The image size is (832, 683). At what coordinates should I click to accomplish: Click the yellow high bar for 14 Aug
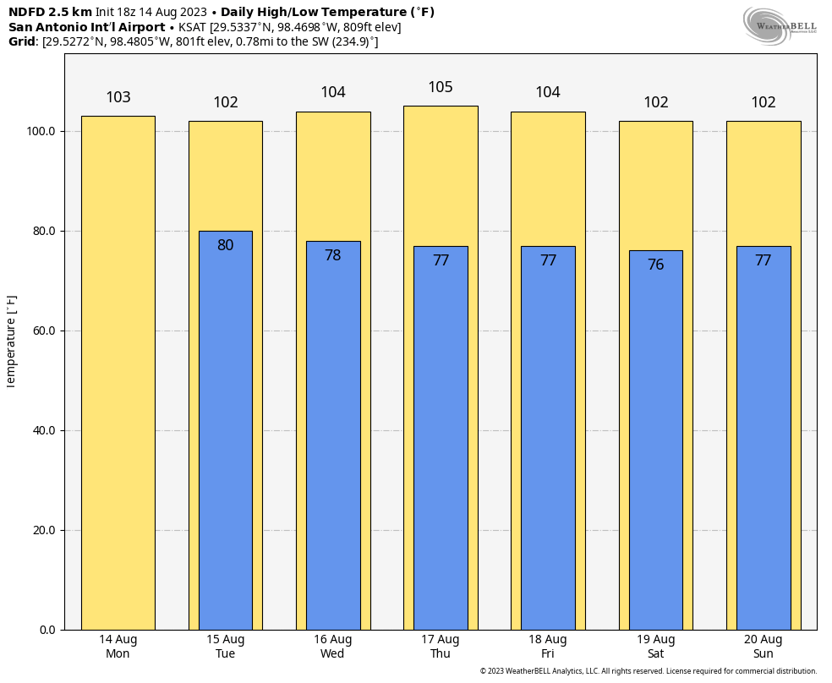tap(118, 372)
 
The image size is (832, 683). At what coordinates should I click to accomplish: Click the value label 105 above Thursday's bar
tap(441, 87)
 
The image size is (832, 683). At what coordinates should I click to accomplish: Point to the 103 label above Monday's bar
tap(118, 97)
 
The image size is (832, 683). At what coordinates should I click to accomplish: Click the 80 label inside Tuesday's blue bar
tap(226, 245)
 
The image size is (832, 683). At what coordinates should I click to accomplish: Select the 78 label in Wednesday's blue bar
tap(333, 255)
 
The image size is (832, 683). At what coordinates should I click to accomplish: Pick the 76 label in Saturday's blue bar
tap(655, 265)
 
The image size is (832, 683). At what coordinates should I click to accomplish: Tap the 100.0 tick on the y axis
tap(41, 132)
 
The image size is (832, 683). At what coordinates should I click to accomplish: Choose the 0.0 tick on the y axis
tap(47, 631)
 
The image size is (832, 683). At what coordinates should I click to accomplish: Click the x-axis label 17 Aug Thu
tap(441, 647)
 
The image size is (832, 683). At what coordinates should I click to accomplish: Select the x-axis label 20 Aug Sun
tap(763, 647)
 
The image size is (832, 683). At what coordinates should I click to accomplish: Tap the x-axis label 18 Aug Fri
tap(548, 647)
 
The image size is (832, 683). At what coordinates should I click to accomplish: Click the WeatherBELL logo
tap(780, 25)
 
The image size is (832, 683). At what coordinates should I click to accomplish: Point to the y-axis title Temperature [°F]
tap(11, 341)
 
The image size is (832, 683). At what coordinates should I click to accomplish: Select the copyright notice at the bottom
tap(648, 671)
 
